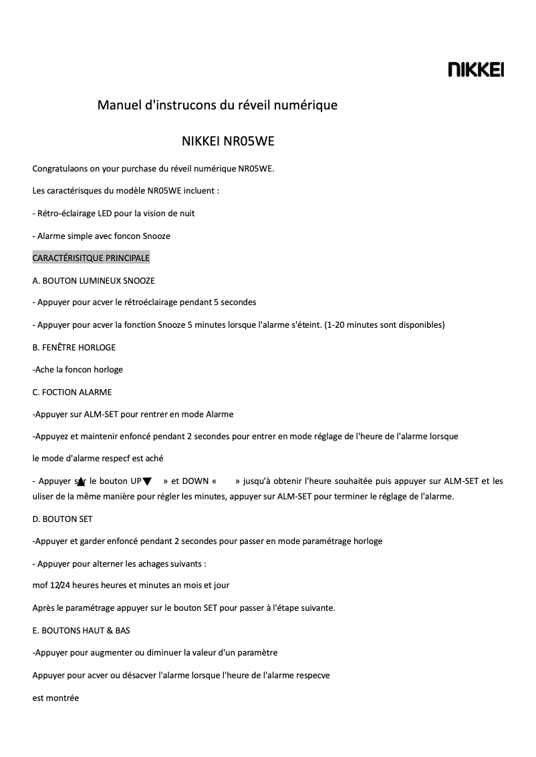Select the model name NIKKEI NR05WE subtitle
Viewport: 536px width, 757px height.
pos(228,142)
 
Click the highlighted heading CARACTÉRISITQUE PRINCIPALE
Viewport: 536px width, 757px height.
pos(91,258)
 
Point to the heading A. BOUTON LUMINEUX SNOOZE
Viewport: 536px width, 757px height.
pos(94,280)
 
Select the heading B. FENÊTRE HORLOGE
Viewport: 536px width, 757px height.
pos(74,347)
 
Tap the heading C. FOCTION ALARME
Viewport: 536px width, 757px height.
pos(72,392)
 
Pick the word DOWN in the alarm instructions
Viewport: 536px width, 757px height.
pos(195,481)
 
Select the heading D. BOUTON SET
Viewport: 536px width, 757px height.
pos(63,519)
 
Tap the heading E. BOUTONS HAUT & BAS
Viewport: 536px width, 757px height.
pos(82,630)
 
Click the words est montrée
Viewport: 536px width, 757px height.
pos(55,698)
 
